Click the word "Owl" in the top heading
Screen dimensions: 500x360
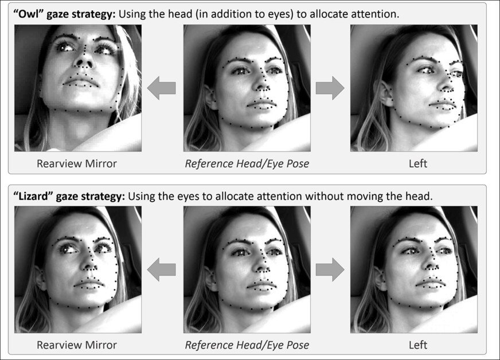pos(30,14)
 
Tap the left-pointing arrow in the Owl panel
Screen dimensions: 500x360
pos(161,88)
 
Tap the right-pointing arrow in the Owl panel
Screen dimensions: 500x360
pos(330,88)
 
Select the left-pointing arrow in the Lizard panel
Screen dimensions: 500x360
pos(161,269)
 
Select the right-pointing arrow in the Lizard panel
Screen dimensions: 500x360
pos(330,269)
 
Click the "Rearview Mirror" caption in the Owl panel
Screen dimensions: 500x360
pos(77,163)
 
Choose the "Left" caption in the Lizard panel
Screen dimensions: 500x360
pos(418,345)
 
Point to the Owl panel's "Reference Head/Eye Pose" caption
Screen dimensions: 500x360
pos(247,164)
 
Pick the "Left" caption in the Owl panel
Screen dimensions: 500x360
pos(418,163)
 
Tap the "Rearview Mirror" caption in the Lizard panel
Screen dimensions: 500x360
pos(77,345)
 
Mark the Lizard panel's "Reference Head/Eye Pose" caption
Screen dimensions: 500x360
pos(247,345)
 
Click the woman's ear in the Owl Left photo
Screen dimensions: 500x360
pos(385,93)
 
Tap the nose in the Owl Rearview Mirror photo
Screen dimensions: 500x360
pos(84,60)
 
